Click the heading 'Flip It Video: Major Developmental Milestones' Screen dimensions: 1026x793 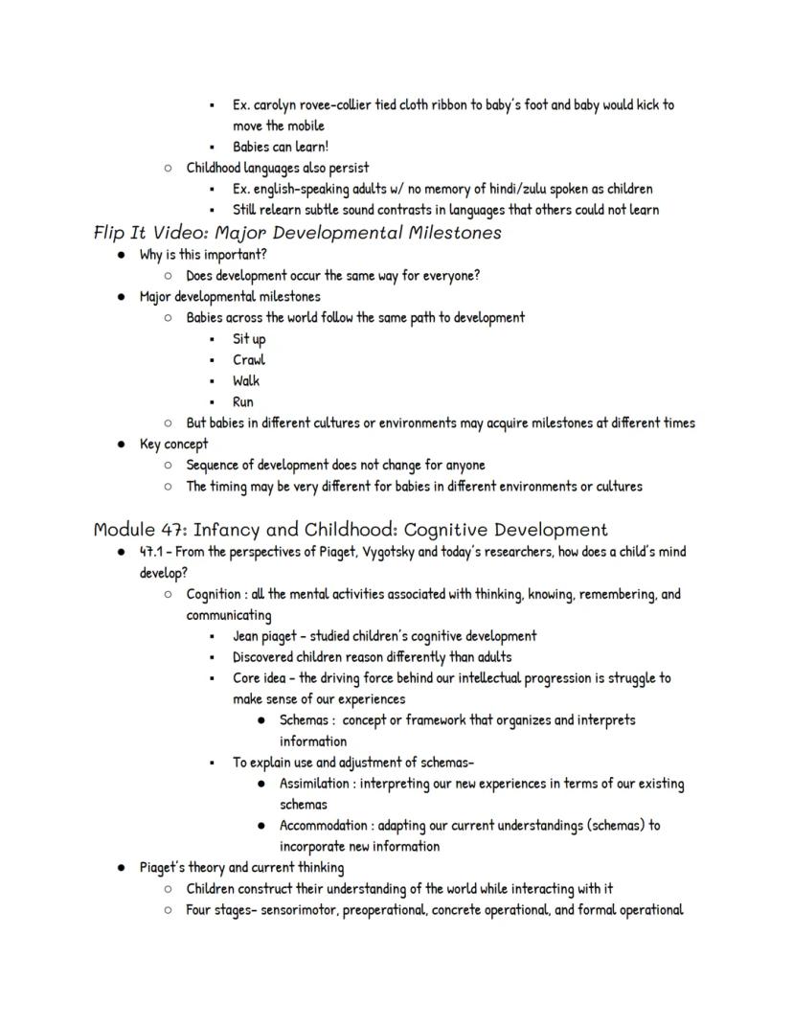297,233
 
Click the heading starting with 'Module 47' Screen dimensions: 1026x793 350,530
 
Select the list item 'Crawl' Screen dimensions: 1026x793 249,360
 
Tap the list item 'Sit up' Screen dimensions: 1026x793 249,339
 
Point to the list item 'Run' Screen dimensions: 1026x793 243,402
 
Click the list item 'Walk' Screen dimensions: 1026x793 246,381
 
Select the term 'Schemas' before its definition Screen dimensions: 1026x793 305,720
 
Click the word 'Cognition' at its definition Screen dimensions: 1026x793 214,594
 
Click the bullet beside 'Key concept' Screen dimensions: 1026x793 121,445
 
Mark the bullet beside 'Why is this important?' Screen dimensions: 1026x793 121,255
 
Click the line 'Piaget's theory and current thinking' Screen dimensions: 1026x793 241,868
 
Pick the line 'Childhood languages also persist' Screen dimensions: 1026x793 278,168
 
